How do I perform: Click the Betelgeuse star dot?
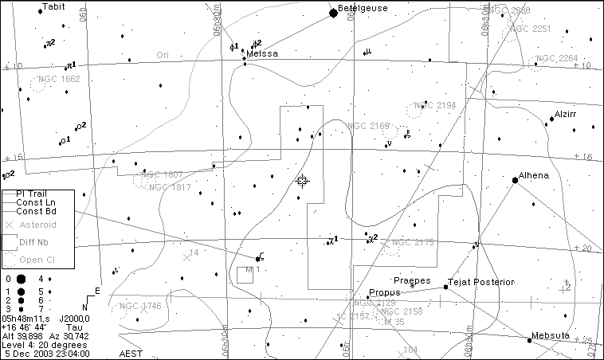(x=334, y=13)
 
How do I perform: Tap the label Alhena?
(x=533, y=176)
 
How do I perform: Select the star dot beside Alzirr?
(x=551, y=119)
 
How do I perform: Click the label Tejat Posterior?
(x=482, y=281)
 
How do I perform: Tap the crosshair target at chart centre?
(x=302, y=181)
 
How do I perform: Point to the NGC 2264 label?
(x=557, y=58)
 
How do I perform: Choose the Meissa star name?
(x=262, y=54)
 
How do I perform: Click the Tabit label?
(x=53, y=6)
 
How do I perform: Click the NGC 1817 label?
(x=170, y=187)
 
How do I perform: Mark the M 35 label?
(x=394, y=322)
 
